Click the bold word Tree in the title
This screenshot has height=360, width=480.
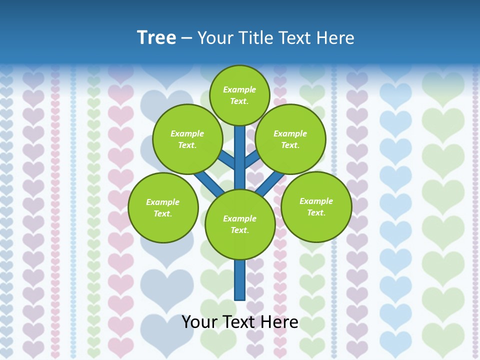(x=156, y=37)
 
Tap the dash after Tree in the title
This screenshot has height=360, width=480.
(x=186, y=38)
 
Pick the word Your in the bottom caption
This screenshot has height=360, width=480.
(x=200, y=322)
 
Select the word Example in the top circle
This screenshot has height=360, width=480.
(x=239, y=89)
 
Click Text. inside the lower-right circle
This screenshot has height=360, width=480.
(x=316, y=212)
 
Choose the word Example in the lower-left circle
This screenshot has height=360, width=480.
(x=162, y=202)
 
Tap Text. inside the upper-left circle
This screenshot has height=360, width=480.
(x=187, y=145)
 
